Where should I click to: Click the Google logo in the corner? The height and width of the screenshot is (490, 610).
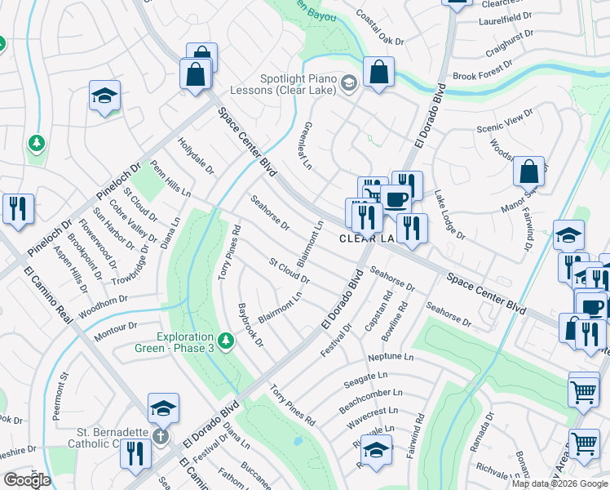tap(27, 480)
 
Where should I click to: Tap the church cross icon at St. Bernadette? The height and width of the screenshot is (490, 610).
tap(162, 434)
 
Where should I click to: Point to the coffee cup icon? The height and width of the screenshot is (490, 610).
tap(396, 199)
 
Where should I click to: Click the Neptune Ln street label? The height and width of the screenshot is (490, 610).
tap(391, 358)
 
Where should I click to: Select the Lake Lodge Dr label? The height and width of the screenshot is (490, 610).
tap(449, 216)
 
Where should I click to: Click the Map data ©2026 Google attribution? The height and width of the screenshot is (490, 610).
tap(560, 483)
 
